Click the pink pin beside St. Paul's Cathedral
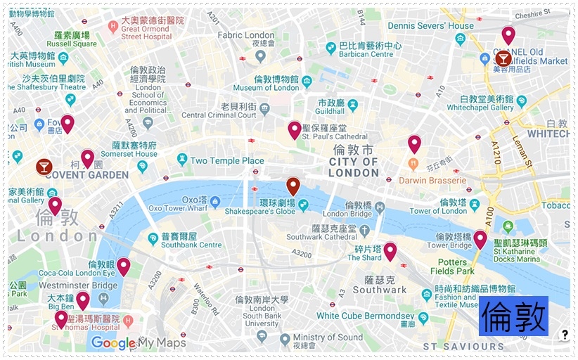click(x=294, y=129)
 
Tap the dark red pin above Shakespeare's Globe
click(x=293, y=186)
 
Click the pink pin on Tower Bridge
click(x=480, y=240)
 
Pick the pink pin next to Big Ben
click(x=82, y=300)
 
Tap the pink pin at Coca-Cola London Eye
click(x=123, y=266)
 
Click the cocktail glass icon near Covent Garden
click(x=44, y=167)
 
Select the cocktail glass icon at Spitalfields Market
click(x=503, y=58)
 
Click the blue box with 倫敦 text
click(x=513, y=316)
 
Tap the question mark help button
click(x=564, y=335)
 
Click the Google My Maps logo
click(x=138, y=342)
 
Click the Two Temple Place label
click(x=226, y=160)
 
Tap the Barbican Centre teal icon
click(x=330, y=49)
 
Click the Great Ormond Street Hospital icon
click(x=113, y=26)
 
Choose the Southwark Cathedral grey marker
click(x=364, y=230)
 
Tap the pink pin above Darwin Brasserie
click(x=414, y=144)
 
